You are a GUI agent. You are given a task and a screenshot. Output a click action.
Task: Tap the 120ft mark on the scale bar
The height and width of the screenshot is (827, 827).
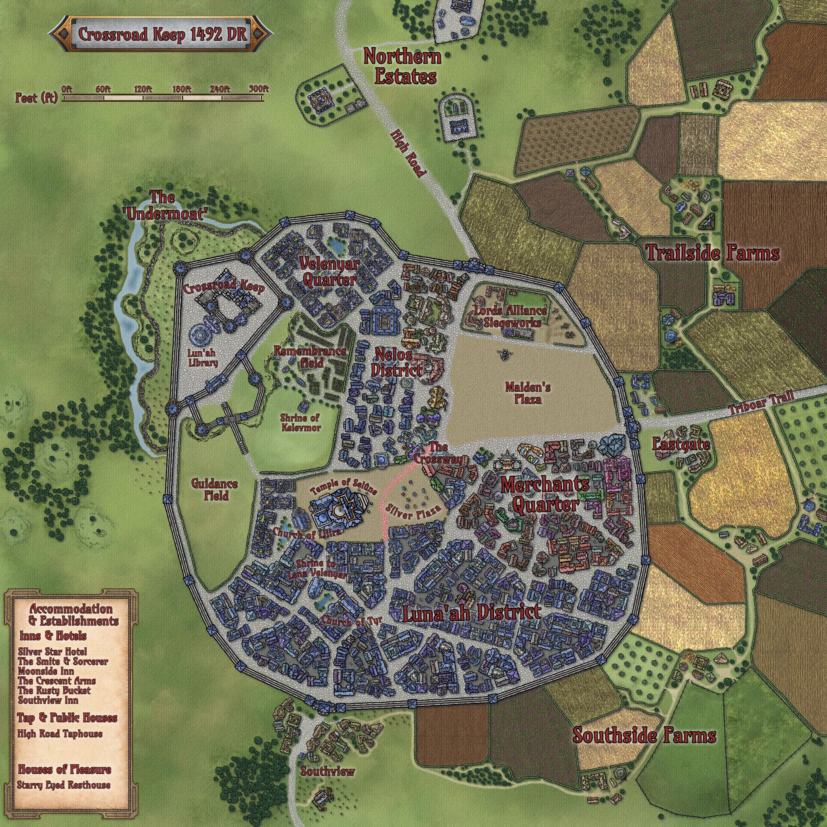click(143, 90)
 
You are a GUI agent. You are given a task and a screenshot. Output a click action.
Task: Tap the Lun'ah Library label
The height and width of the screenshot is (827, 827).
click(204, 357)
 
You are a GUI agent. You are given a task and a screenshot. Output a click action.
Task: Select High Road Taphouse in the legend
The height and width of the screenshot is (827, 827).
click(60, 734)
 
